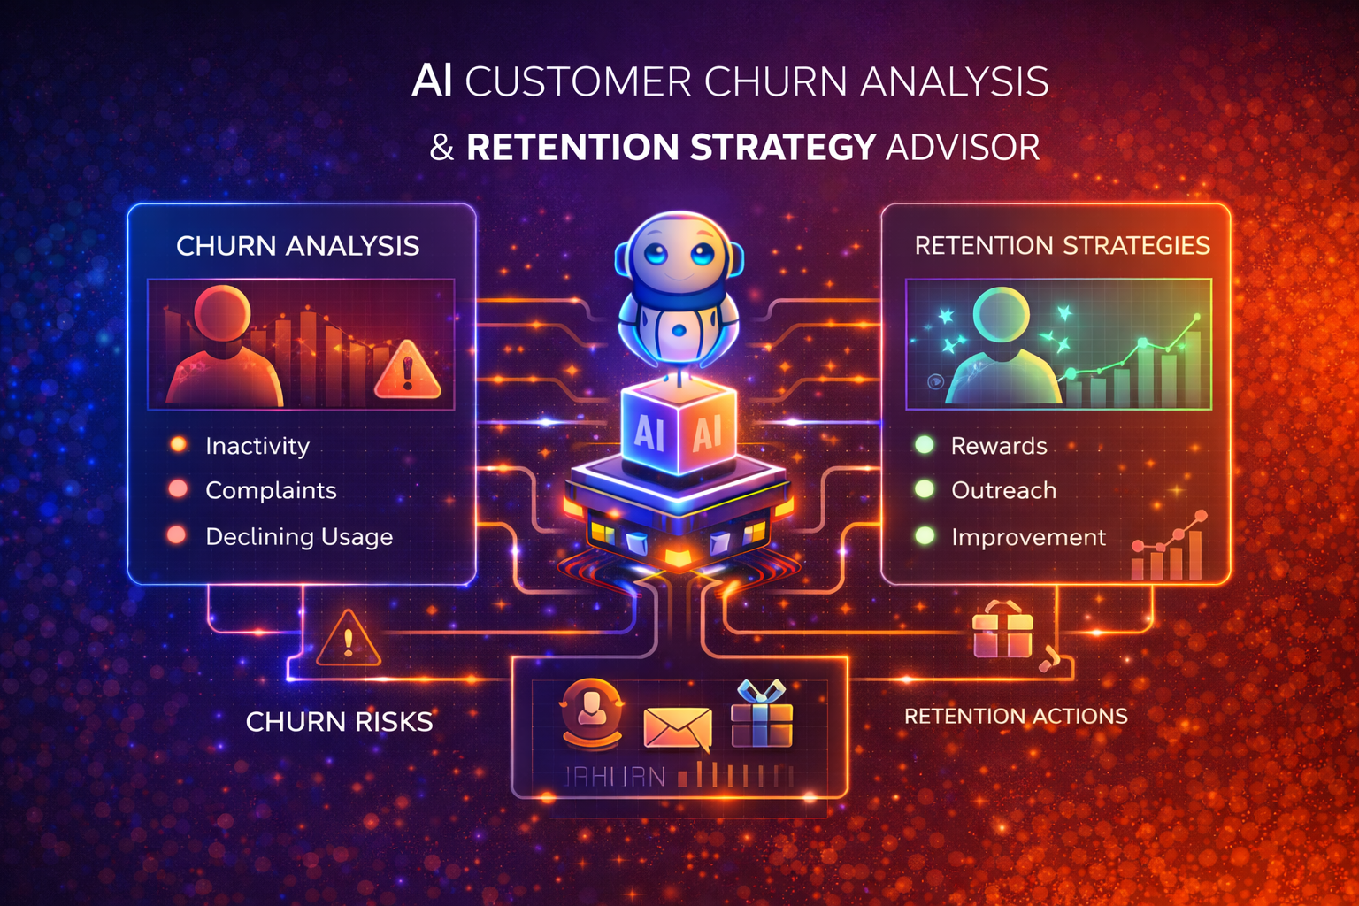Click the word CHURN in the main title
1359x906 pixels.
[x=777, y=82]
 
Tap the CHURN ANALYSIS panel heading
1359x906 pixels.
[x=297, y=246]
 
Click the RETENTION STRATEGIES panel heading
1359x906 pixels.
[x=1062, y=246]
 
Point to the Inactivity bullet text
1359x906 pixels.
[x=257, y=446]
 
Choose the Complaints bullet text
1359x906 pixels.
[x=271, y=490]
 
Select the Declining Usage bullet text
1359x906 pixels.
[x=299, y=536]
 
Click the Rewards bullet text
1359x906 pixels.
[x=999, y=446]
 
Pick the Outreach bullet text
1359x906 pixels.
[x=1003, y=490]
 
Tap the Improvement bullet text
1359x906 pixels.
[x=1028, y=537]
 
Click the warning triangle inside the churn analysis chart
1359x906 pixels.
[x=407, y=371]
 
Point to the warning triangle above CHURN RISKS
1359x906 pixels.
[x=348, y=640]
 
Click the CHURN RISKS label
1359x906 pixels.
[x=339, y=722]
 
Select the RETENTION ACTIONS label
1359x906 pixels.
[x=1016, y=716]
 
